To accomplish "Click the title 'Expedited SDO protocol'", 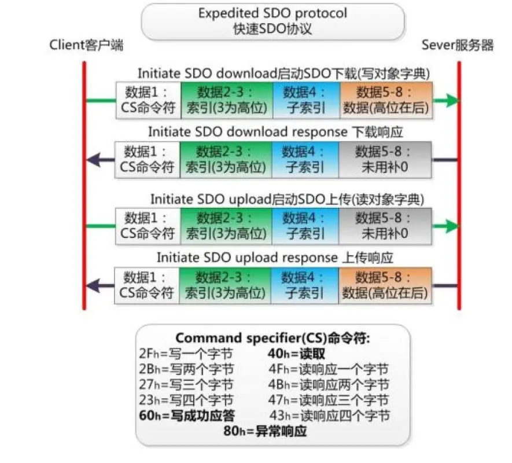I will [272, 13].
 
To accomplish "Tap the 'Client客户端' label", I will [87, 45].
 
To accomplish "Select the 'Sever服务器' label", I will [458, 45].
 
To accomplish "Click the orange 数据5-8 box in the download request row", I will [385, 100].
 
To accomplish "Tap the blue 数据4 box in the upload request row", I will [304, 225].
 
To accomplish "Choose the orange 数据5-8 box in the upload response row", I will [385, 285].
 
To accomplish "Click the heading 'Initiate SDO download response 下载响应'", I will [275, 132].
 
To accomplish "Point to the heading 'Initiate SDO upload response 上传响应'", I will [275, 257].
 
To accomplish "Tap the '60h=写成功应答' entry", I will [187, 415].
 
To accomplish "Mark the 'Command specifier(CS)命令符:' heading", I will [272, 338].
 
